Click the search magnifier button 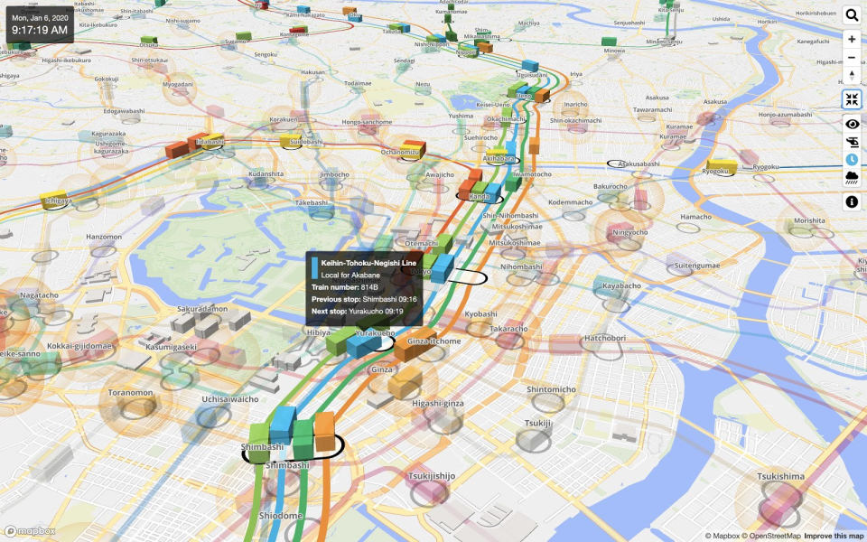(x=852, y=14)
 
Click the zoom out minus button (x=852, y=57)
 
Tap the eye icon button (x=852, y=124)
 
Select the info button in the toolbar (x=852, y=202)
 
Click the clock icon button (x=852, y=159)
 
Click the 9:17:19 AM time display (x=40, y=30)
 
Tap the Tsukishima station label (x=780, y=476)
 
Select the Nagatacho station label (x=39, y=294)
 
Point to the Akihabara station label (x=498, y=158)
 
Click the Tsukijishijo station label (x=432, y=475)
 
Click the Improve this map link (x=834, y=536)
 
